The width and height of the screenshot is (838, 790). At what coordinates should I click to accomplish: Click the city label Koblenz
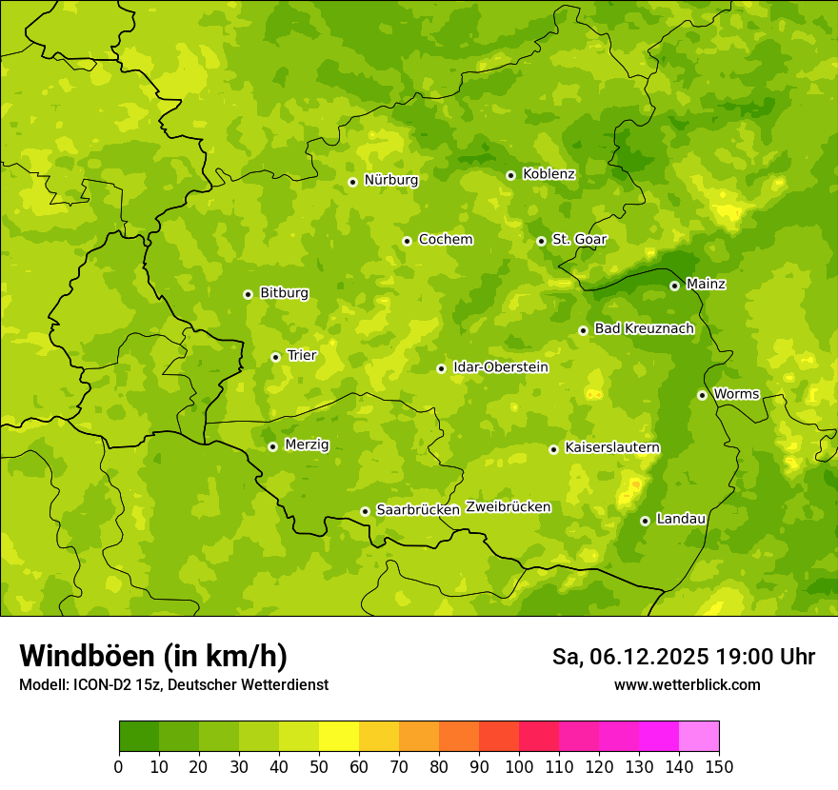(549, 174)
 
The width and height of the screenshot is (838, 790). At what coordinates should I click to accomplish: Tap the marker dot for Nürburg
(352, 182)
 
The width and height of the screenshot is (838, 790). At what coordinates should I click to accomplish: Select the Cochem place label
(445, 240)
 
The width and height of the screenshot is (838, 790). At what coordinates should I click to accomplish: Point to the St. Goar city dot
(541, 241)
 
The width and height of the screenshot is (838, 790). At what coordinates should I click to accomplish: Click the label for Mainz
(706, 285)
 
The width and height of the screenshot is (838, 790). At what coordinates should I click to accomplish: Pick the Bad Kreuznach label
(644, 329)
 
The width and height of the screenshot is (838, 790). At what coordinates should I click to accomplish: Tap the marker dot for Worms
(702, 395)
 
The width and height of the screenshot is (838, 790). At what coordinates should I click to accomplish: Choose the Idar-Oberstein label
(500, 367)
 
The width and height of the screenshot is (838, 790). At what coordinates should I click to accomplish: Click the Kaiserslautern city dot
(553, 449)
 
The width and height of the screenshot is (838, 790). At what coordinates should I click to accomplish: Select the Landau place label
(681, 520)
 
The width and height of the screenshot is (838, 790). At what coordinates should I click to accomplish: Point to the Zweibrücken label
(508, 507)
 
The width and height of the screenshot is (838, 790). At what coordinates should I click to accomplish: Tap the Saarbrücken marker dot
(365, 511)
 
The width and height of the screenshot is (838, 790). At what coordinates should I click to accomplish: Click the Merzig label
(307, 445)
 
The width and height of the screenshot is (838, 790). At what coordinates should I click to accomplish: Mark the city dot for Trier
(275, 357)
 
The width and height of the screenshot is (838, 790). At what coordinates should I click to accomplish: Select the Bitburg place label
(284, 293)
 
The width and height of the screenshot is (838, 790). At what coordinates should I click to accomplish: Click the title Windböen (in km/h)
(153, 656)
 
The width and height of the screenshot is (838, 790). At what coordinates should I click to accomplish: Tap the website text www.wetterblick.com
(687, 684)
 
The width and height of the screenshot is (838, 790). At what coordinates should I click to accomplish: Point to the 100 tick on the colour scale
(519, 766)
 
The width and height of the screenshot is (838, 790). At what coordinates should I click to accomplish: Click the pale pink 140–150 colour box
(699, 736)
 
